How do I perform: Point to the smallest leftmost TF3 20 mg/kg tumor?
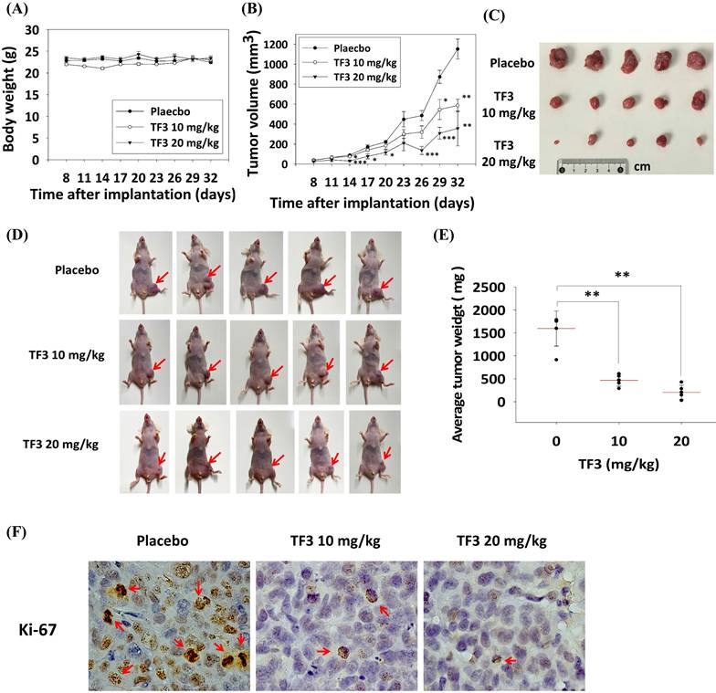pos(557,141)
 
